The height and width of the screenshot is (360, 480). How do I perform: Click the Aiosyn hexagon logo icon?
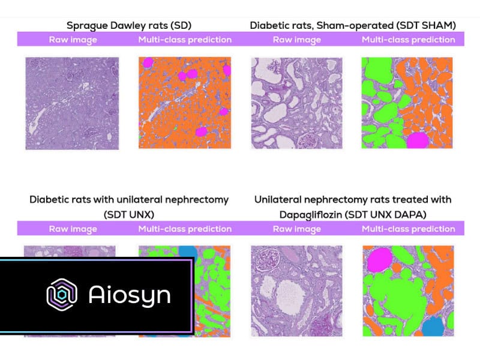(x=62, y=295)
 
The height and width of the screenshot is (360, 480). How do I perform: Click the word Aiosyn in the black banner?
(x=130, y=295)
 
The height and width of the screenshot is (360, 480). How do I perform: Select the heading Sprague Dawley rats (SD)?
(x=129, y=25)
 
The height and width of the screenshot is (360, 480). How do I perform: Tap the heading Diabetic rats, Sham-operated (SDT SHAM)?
(x=353, y=25)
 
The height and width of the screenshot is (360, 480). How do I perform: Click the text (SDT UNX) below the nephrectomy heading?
(x=129, y=215)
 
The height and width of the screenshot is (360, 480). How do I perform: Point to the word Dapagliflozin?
(x=310, y=215)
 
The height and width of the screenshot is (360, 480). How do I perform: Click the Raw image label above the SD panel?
(x=73, y=40)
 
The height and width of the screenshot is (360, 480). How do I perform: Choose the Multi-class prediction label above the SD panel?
(x=185, y=40)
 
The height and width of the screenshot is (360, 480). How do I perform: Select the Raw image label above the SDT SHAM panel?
(x=297, y=40)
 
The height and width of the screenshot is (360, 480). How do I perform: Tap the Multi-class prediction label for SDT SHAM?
(x=409, y=40)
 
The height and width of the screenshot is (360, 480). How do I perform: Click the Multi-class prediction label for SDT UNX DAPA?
(x=409, y=229)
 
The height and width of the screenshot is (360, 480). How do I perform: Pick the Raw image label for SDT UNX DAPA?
(x=297, y=229)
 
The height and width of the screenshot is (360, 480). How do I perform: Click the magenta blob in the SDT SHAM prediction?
(x=418, y=140)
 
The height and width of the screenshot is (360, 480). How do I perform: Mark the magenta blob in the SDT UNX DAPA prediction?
(x=380, y=260)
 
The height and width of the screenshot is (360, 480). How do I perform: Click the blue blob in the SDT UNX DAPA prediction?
(x=433, y=326)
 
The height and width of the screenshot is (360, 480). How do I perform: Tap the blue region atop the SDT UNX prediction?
(x=188, y=252)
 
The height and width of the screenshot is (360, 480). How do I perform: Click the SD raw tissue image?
(x=72, y=103)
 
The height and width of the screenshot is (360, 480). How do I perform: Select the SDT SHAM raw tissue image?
(x=296, y=103)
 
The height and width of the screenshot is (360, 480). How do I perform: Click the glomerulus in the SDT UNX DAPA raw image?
(x=268, y=260)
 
